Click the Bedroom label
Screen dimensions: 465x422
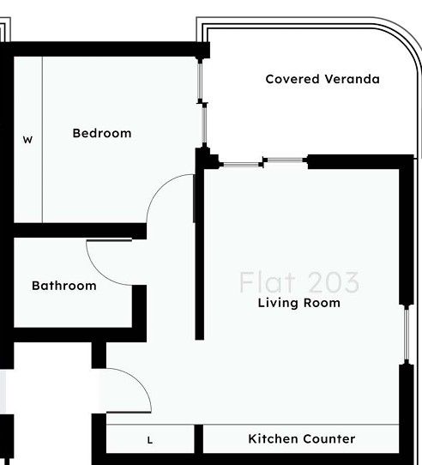pos(102,133)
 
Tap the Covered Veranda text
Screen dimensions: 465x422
pos(323,79)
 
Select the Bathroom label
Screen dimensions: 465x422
pos(64,286)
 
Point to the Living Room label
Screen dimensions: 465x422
pos(299,303)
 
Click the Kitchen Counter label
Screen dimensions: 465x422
pos(301,439)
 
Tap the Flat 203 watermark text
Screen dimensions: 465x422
pos(299,282)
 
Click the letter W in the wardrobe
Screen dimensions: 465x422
pos(27,140)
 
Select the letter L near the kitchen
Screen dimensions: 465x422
pos(150,441)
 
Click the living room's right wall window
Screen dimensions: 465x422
pos(406,335)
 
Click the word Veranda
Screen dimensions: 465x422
pos(352,79)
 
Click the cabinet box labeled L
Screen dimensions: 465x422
pos(150,439)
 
